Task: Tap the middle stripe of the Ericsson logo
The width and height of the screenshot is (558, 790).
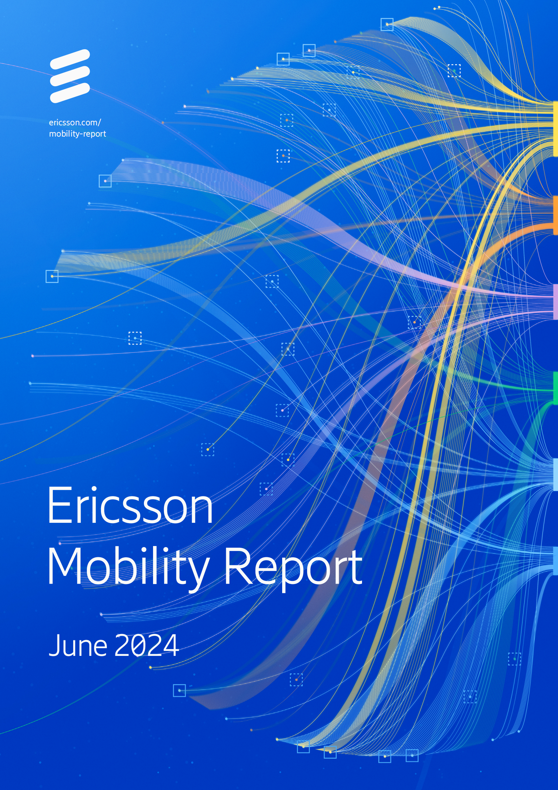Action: click(x=70, y=76)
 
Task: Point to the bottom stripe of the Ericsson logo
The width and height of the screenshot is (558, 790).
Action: click(x=70, y=93)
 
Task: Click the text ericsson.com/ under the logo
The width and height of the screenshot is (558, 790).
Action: click(x=75, y=123)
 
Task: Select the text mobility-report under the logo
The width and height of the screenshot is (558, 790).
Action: click(x=77, y=134)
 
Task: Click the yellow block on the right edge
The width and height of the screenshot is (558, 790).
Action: click(x=555, y=128)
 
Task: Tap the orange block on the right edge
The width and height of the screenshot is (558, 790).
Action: click(x=555, y=215)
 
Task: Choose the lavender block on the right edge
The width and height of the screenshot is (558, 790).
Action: click(x=555, y=302)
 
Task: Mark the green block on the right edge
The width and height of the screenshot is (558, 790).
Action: click(x=555, y=388)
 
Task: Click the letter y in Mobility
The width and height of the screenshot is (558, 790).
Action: click(x=199, y=572)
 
